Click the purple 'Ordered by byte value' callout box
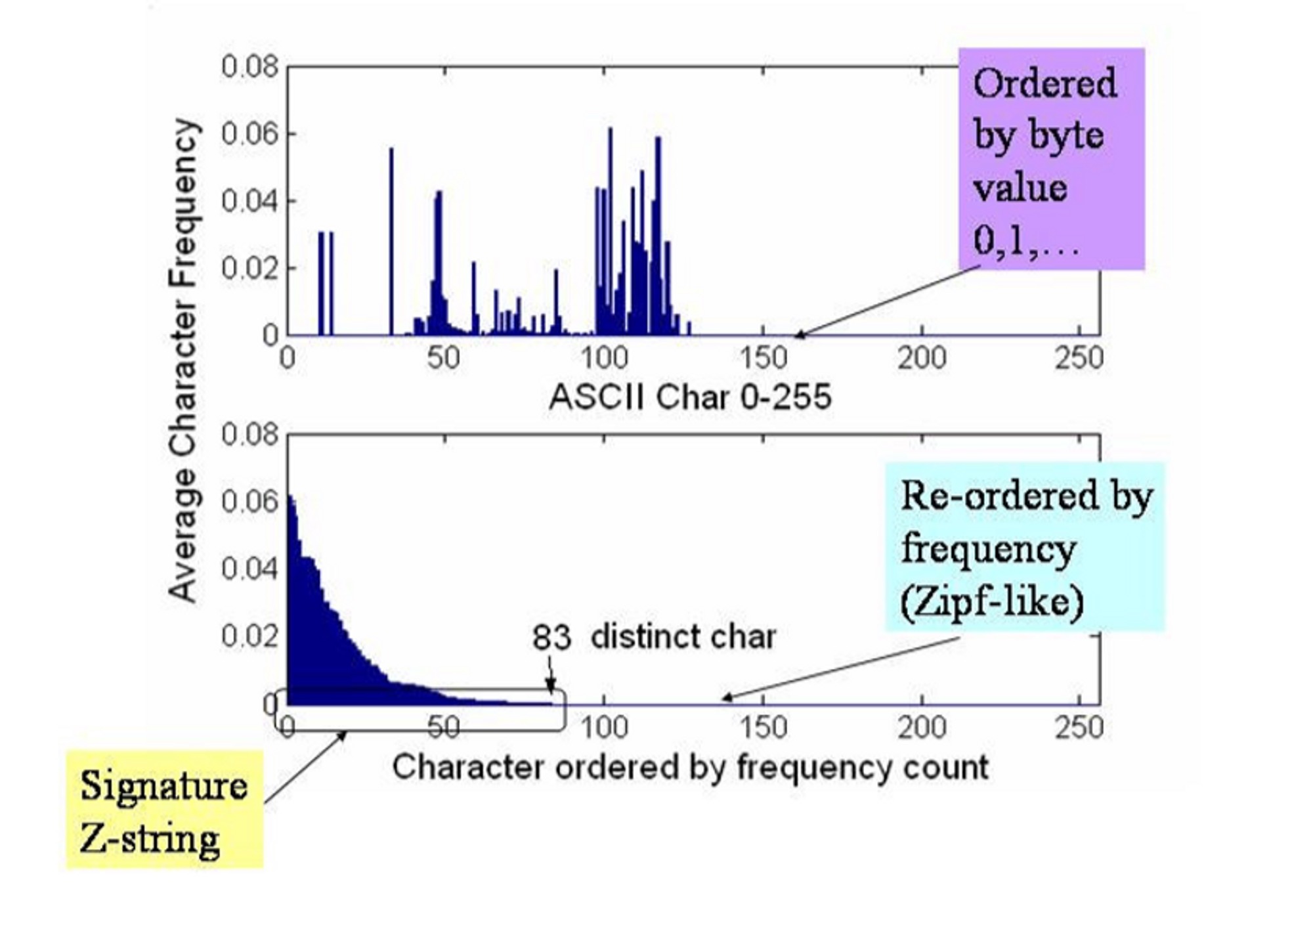(x=1051, y=159)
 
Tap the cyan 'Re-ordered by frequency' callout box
(x=1025, y=546)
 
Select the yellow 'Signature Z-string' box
(x=164, y=809)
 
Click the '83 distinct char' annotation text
(x=653, y=637)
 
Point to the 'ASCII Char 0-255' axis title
(x=690, y=397)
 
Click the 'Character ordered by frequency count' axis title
(x=690, y=767)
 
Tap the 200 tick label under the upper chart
(x=922, y=358)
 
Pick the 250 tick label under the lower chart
(x=1078, y=727)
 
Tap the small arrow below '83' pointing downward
(x=551, y=676)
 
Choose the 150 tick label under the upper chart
(x=763, y=358)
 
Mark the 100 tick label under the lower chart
(x=603, y=727)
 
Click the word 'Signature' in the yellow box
(x=163, y=786)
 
